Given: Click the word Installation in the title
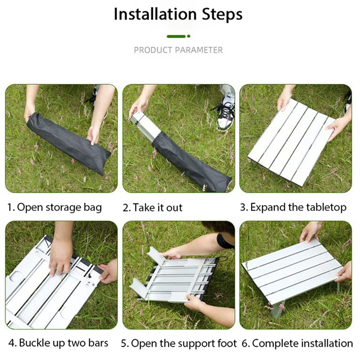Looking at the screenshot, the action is click(155, 14).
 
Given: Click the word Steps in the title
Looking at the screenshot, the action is click(222, 14).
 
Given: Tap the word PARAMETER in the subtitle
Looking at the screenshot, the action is click(199, 50).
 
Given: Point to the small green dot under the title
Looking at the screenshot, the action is click(189, 36).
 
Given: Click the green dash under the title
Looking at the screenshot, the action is click(176, 36).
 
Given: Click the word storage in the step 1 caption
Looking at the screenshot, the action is click(63, 208).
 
